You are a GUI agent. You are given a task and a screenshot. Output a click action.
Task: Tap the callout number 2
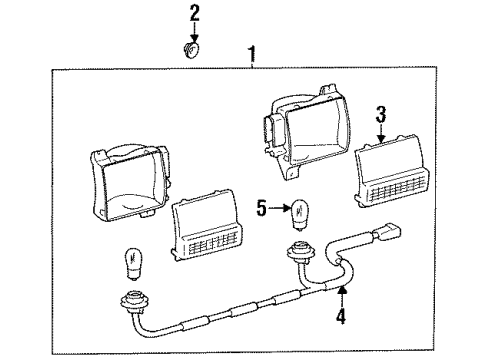click(194, 13)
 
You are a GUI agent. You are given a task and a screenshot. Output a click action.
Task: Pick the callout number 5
click(262, 208)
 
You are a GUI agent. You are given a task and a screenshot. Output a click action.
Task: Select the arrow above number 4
click(341, 299)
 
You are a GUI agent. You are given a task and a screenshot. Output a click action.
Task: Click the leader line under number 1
click(250, 62)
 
